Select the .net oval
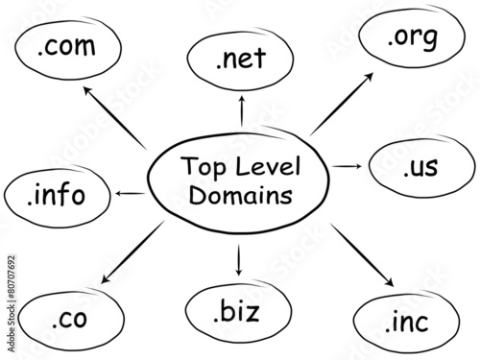[x=240, y=60]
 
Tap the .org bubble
[x=412, y=40]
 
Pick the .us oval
[x=420, y=168]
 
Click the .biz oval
[x=237, y=311]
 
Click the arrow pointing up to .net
[x=241, y=109]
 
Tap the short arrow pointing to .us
[x=347, y=167]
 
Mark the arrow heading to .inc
[x=362, y=255]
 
